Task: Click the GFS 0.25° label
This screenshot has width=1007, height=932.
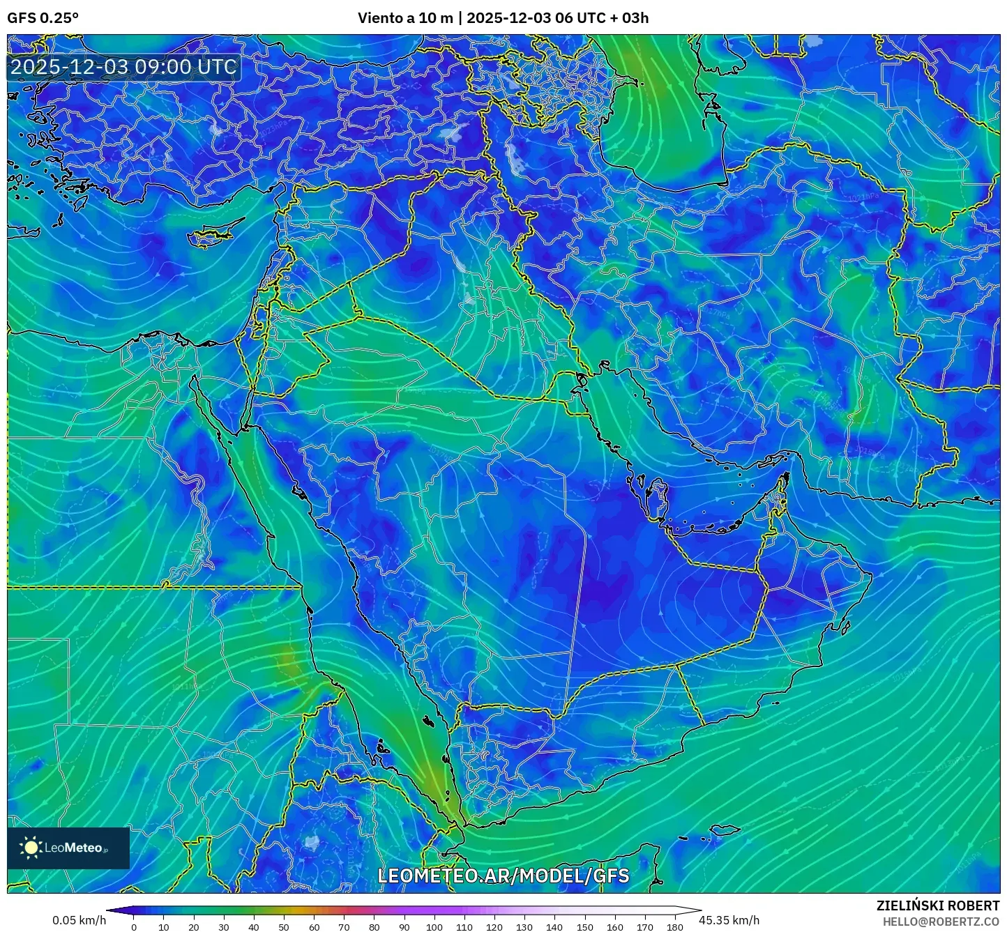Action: coord(43,18)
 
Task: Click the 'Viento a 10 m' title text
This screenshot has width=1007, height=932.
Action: coord(405,18)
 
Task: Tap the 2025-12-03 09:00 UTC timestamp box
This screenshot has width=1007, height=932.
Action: coord(123,67)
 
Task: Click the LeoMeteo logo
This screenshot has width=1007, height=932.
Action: coord(68,848)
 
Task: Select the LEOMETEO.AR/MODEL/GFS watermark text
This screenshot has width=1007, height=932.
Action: coord(503,876)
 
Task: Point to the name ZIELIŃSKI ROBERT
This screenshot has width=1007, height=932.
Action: coord(937,906)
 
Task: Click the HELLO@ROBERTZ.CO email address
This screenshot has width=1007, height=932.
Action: coord(941,922)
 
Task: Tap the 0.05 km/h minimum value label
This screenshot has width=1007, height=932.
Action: coord(79,920)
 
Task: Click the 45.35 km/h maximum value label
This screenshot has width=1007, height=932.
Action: coord(729,920)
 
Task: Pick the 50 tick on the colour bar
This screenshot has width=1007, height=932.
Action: coord(284,927)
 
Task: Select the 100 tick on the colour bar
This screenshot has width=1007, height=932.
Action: coord(434,927)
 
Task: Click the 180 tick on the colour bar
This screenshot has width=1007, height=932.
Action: coord(674,927)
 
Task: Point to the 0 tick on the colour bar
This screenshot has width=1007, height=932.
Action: coord(134,927)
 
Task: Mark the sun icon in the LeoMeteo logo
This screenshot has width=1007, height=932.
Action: coord(31,848)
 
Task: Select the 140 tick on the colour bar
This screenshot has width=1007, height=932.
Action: coord(554,927)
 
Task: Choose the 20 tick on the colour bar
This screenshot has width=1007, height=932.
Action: coord(194,927)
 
